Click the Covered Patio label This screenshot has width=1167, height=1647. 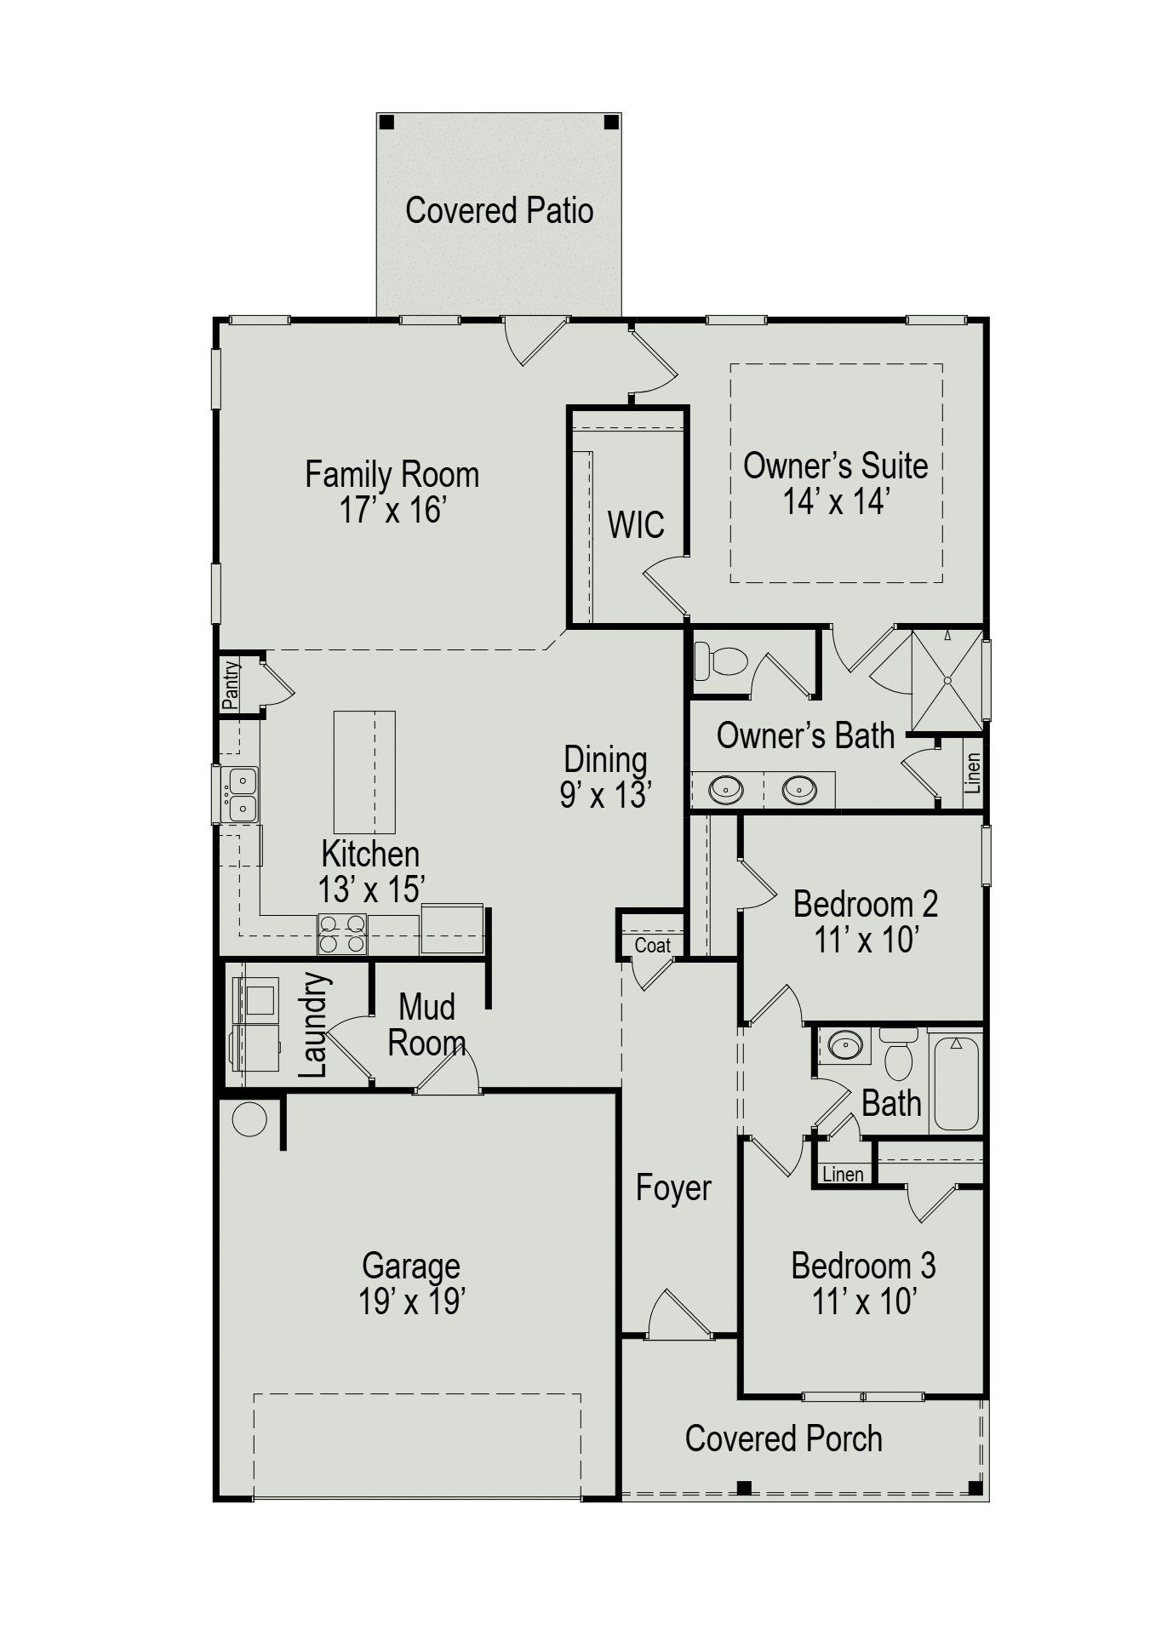click(499, 210)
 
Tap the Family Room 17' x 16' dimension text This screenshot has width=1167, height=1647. click(393, 512)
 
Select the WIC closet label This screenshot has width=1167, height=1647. click(635, 525)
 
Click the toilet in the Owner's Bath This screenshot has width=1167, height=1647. click(720, 661)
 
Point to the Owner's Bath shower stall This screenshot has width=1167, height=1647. click(947, 680)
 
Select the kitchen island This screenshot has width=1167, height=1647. click(364, 771)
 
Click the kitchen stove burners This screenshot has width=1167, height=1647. click(342, 934)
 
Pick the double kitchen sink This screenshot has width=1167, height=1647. click(241, 793)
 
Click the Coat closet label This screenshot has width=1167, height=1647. click(652, 946)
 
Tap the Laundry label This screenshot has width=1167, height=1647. click(313, 1025)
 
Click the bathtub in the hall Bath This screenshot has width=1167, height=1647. click(956, 1082)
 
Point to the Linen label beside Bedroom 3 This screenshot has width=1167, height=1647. click(843, 1175)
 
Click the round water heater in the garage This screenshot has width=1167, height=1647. click(249, 1119)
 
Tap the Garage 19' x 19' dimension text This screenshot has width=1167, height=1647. click(411, 1301)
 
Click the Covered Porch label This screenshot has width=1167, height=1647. click(783, 1438)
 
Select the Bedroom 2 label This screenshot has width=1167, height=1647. click(865, 904)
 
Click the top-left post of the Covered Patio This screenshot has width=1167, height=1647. click(386, 122)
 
